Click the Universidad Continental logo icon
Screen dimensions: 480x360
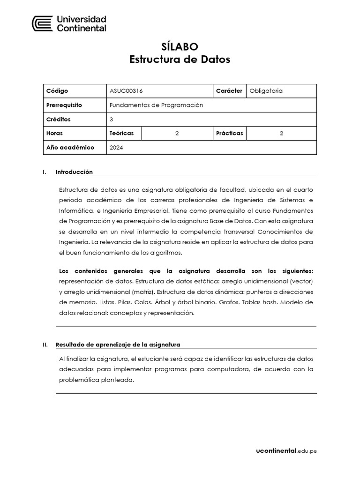pyautogui.click(x=42, y=24)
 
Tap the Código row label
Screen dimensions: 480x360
pyautogui.click(x=57, y=91)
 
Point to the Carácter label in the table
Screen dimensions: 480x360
pyautogui.click(x=229, y=91)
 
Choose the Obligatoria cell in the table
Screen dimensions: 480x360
pyautogui.click(x=266, y=91)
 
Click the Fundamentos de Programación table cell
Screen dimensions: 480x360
pyautogui.click(x=156, y=105)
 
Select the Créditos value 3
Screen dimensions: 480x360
pyautogui.click(x=112, y=119)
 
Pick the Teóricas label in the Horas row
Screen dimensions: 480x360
pyautogui.click(x=121, y=133)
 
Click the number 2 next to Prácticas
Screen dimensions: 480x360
pyautogui.click(x=281, y=133)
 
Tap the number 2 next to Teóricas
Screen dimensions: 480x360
pyautogui.click(x=177, y=133)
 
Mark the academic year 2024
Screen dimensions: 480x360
pyautogui.click(x=117, y=147)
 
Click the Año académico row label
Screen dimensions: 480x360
pyautogui.click(x=70, y=147)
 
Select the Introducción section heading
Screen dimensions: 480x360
pyautogui.click(x=74, y=172)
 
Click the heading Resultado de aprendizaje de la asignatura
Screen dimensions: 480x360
pyautogui.click(x=118, y=345)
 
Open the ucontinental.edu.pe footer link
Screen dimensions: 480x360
pyautogui.click(x=286, y=451)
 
